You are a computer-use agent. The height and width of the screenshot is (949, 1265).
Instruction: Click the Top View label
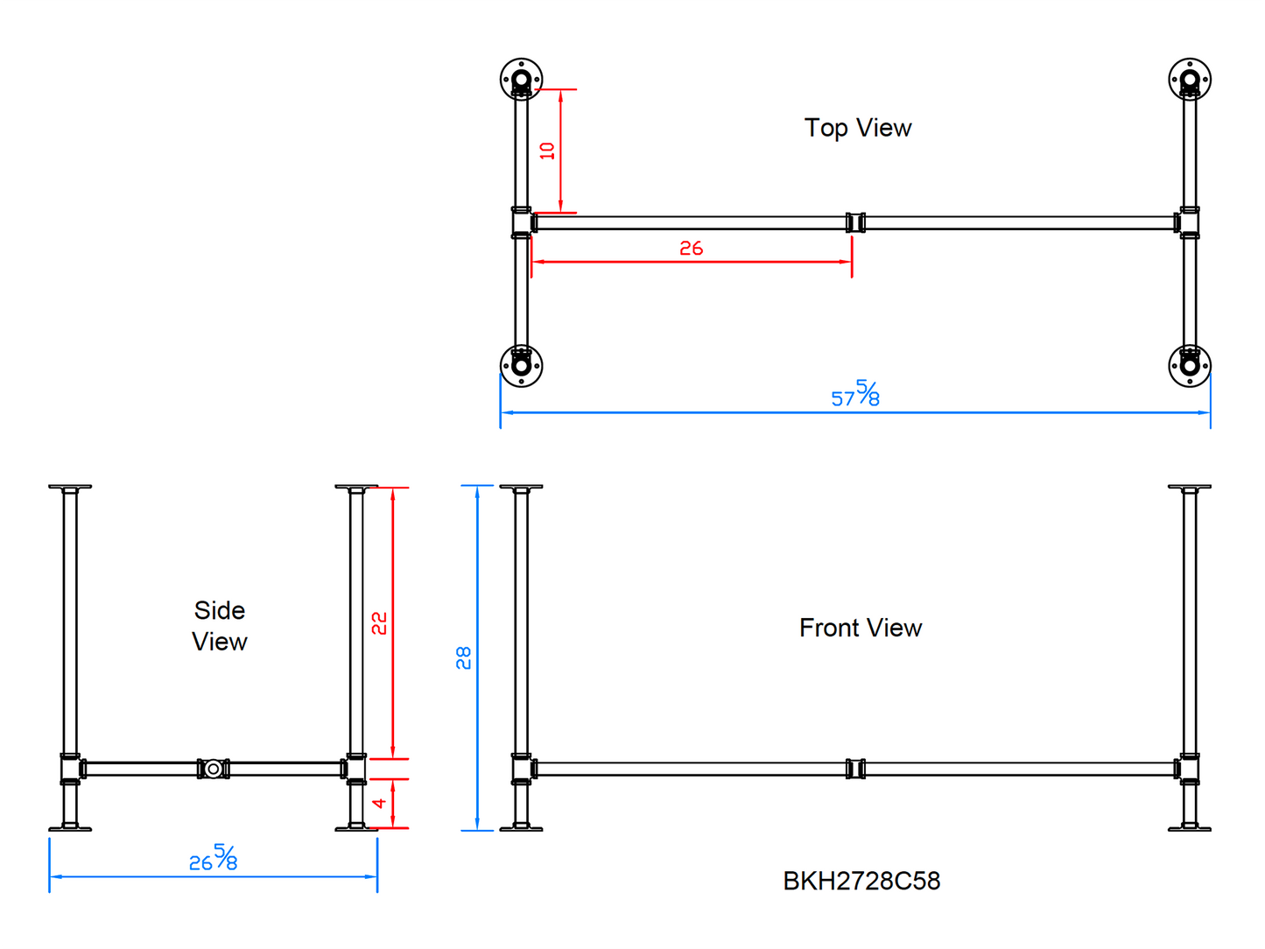pyautogui.click(x=857, y=128)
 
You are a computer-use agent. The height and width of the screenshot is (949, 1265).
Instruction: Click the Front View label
pyautogui.click(x=860, y=628)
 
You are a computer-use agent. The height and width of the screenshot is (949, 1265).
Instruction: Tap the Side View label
pyautogui.click(x=219, y=626)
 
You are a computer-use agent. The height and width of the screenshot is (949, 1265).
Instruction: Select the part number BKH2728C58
pyautogui.click(x=861, y=881)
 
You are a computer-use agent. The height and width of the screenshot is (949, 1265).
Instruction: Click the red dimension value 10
pyautogui.click(x=546, y=151)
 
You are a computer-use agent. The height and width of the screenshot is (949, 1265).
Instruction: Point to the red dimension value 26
pyautogui.click(x=691, y=249)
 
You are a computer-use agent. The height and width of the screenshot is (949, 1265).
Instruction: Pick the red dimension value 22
pyautogui.click(x=378, y=623)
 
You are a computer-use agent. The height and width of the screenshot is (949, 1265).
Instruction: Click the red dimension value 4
pyautogui.click(x=379, y=803)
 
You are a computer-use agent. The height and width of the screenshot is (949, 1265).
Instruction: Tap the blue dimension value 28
pyautogui.click(x=463, y=657)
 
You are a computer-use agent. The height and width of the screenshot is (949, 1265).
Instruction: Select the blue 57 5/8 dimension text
pyautogui.click(x=854, y=394)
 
